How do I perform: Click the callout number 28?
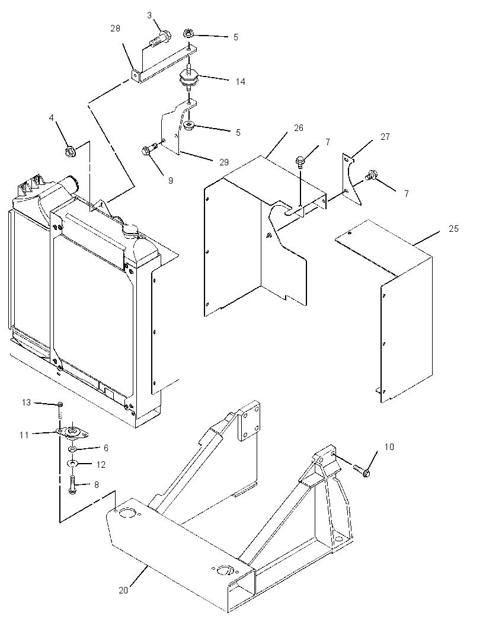click(115, 28)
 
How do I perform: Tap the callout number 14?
click(240, 82)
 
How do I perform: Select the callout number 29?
click(224, 162)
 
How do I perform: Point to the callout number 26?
click(299, 128)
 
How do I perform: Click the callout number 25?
click(454, 228)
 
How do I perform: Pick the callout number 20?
click(123, 590)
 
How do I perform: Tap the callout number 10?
click(389, 446)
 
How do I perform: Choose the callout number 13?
click(26, 402)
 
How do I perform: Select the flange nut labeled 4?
click(69, 152)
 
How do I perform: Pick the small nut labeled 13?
click(60, 404)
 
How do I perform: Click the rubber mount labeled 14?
click(188, 78)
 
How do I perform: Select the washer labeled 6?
click(72, 449)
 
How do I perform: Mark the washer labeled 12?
click(72, 463)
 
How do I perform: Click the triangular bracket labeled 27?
click(352, 179)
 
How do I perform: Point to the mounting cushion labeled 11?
click(72, 432)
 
